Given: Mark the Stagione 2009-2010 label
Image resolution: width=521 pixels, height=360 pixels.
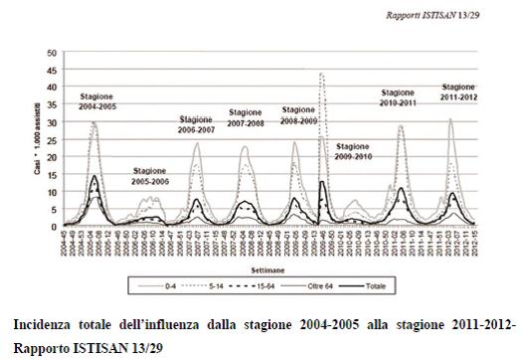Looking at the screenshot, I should (355, 151).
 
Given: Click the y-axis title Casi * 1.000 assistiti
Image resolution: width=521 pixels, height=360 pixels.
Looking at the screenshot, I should (36, 139).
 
